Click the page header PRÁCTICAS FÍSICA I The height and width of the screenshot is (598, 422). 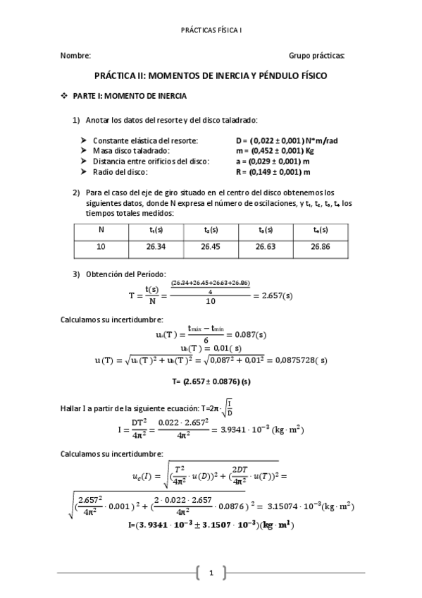point(211,31)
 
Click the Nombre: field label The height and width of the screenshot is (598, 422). point(75,56)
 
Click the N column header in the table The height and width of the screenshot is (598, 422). point(101,230)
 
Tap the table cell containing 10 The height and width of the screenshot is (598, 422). point(101,248)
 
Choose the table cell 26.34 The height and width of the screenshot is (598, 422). point(156,248)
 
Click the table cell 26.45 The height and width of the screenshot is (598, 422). point(211,248)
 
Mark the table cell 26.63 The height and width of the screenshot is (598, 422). point(266,248)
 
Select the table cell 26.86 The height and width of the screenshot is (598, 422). point(321,248)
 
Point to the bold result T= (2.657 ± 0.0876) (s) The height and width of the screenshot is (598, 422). point(211,382)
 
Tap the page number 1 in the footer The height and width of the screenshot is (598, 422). point(211,573)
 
